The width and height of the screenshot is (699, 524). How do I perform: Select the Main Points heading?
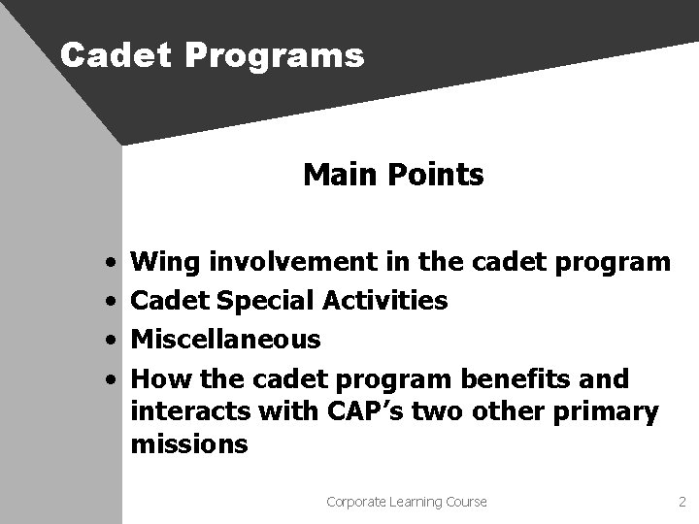pos(393,175)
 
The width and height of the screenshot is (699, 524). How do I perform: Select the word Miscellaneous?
pos(225,339)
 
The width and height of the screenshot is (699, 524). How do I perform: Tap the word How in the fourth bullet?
pos(159,377)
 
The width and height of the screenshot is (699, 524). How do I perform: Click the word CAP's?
pos(364,411)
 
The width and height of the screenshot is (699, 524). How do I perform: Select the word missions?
pos(189,445)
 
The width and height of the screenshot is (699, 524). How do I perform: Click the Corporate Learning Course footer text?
pos(407,502)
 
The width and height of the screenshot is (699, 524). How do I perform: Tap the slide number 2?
pos(682,502)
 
